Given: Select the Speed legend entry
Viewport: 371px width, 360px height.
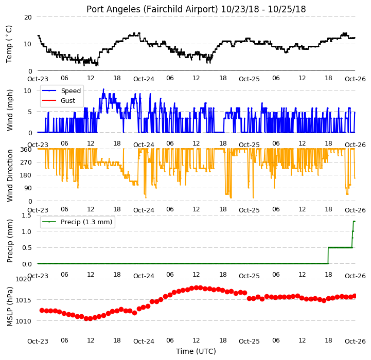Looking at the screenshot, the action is tap(61, 91).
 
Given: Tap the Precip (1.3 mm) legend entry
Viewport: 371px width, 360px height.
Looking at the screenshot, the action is tap(77, 222).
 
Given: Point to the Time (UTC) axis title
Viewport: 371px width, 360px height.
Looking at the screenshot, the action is tap(196, 351).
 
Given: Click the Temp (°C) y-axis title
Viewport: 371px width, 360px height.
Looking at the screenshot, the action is tap(9, 44).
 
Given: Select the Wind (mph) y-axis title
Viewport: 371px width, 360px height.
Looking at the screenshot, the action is tap(10, 110).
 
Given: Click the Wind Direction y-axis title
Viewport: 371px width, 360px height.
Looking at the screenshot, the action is tap(10, 175).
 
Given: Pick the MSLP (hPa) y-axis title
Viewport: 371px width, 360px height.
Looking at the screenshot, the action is tap(10, 307).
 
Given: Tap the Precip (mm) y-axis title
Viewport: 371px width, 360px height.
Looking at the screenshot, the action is tap(10, 241).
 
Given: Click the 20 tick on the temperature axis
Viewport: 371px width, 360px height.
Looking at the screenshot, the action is tap(28, 17).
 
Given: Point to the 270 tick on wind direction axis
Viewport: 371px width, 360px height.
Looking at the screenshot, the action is tap(26, 163).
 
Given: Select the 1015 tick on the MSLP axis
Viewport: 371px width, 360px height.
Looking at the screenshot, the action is tap(23, 300).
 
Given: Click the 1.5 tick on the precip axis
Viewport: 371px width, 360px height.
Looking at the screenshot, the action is tap(26, 215).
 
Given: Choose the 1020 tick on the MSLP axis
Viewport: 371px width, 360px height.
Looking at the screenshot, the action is tap(23, 279).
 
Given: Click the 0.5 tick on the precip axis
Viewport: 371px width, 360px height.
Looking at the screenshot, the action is tap(27, 248).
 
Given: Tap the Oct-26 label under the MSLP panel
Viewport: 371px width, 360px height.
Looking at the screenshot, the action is tap(355, 341).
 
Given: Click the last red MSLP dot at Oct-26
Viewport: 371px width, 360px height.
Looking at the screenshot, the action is tap(355, 296).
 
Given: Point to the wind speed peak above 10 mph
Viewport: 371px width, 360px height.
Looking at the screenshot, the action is tap(103, 89).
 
